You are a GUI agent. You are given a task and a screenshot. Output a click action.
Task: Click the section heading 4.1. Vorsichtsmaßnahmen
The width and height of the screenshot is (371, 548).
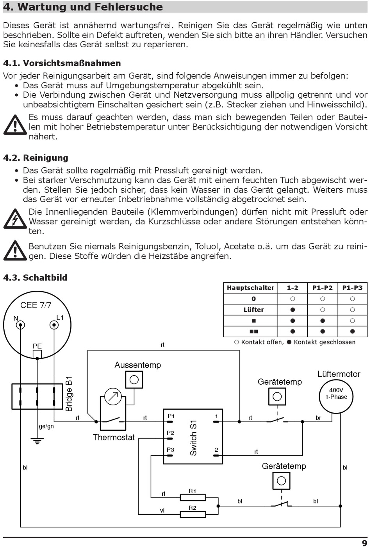pyautogui.click(x=62, y=63)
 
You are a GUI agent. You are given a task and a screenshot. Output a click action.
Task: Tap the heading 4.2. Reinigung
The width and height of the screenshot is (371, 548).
pyautogui.click(x=36, y=158)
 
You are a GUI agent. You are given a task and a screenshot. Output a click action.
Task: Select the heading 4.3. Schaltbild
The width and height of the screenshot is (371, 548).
pyautogui.click(x=35, y=278)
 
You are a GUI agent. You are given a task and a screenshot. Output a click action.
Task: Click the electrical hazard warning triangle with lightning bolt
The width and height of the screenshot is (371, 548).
pyautogui.click(x=14, y=219)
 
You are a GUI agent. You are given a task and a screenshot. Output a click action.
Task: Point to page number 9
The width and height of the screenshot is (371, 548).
pyautogui.click(x=364, y=543)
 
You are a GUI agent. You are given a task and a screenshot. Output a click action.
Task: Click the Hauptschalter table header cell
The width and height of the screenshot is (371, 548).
pyautogui.click(x=250, y=288)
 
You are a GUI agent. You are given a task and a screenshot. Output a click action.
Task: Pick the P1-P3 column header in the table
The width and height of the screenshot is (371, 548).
pyautogui.click(x=352, y=288)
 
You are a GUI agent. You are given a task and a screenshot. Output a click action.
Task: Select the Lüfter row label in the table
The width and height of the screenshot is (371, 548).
pyautogui.click(x=253, y=310)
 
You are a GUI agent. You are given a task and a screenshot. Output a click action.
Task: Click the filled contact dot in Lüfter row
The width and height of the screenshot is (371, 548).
pyautogui.click(x=293, y=310)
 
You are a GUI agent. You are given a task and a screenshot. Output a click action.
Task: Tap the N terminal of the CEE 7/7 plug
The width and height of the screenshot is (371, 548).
pyautogui.click(x=20, y=325)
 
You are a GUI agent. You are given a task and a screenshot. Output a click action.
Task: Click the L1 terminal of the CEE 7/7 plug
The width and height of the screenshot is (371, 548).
pyautogui.click(x=54, y=325)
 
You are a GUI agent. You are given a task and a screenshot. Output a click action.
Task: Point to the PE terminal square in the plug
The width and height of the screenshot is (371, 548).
pyautogui.click(x=37, y=354)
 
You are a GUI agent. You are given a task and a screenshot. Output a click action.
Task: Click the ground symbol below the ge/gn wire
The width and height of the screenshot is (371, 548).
pyautogui.click(x=37, y=441)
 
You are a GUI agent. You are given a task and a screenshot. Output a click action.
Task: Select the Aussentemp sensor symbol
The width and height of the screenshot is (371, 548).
pyautogui.click(x=134, y=380)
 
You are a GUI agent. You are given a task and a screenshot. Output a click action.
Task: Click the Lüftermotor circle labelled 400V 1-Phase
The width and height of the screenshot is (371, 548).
pyautogui.click(x=336, y=396)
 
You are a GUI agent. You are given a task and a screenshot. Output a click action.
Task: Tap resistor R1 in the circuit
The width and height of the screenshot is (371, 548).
pyautogui.click(x=193, y=498)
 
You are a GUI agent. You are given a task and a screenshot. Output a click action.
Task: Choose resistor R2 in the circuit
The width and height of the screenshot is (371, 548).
pyautogui.click(x=193, y=514)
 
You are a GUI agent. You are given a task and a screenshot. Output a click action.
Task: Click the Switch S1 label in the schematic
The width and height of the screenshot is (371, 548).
pyautogui.click(x=193, y=438)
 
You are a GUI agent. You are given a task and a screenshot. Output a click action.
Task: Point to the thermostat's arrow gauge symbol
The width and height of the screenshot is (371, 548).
pyautogui.click(x=113, y=397)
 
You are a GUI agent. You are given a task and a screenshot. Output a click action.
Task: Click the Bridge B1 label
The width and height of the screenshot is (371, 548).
pyautogui.click(x=69, y=393)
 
